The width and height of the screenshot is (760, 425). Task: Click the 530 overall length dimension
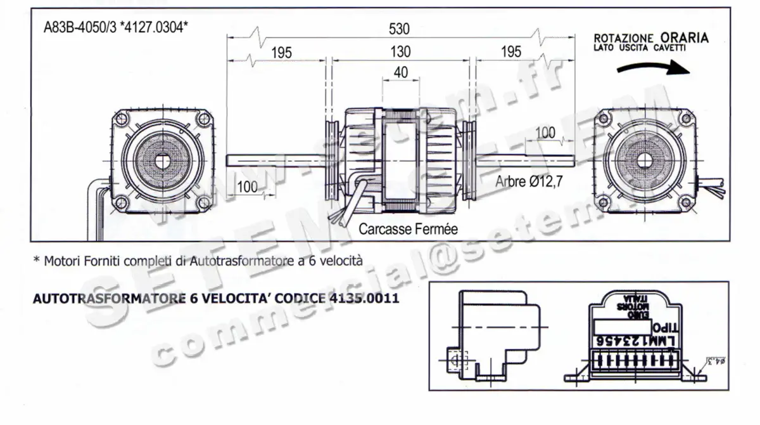400,29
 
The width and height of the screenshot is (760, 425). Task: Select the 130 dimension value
400,52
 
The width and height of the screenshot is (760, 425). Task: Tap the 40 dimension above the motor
400,72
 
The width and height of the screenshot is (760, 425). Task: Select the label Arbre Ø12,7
529,181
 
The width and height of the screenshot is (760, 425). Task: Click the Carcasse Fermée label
408,228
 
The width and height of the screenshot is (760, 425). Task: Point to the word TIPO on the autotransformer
665,328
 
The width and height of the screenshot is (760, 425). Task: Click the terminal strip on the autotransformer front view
631,363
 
